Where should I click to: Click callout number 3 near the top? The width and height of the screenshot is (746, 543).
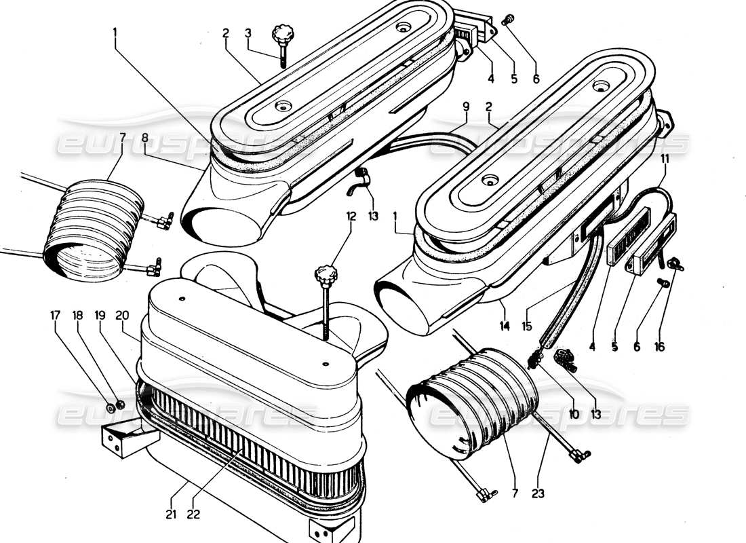click(248, 33)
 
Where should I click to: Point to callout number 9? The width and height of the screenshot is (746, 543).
click(466, 106)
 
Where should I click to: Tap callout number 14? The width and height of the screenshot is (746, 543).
click(504, 326)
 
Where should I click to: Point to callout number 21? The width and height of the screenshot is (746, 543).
click(171, 514)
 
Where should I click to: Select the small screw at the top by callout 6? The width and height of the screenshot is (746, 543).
click(505, 22)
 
